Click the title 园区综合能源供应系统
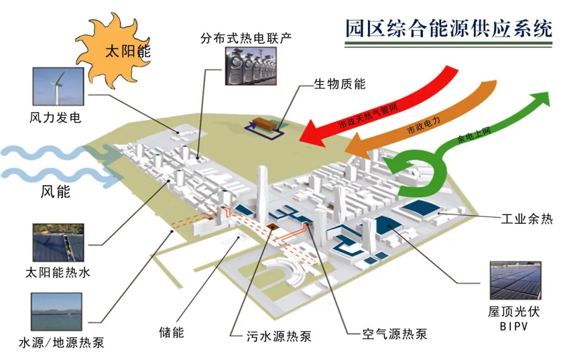(x=448, y=29)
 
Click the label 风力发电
(x=55, y=117)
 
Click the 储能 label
(x=172, y=332)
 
